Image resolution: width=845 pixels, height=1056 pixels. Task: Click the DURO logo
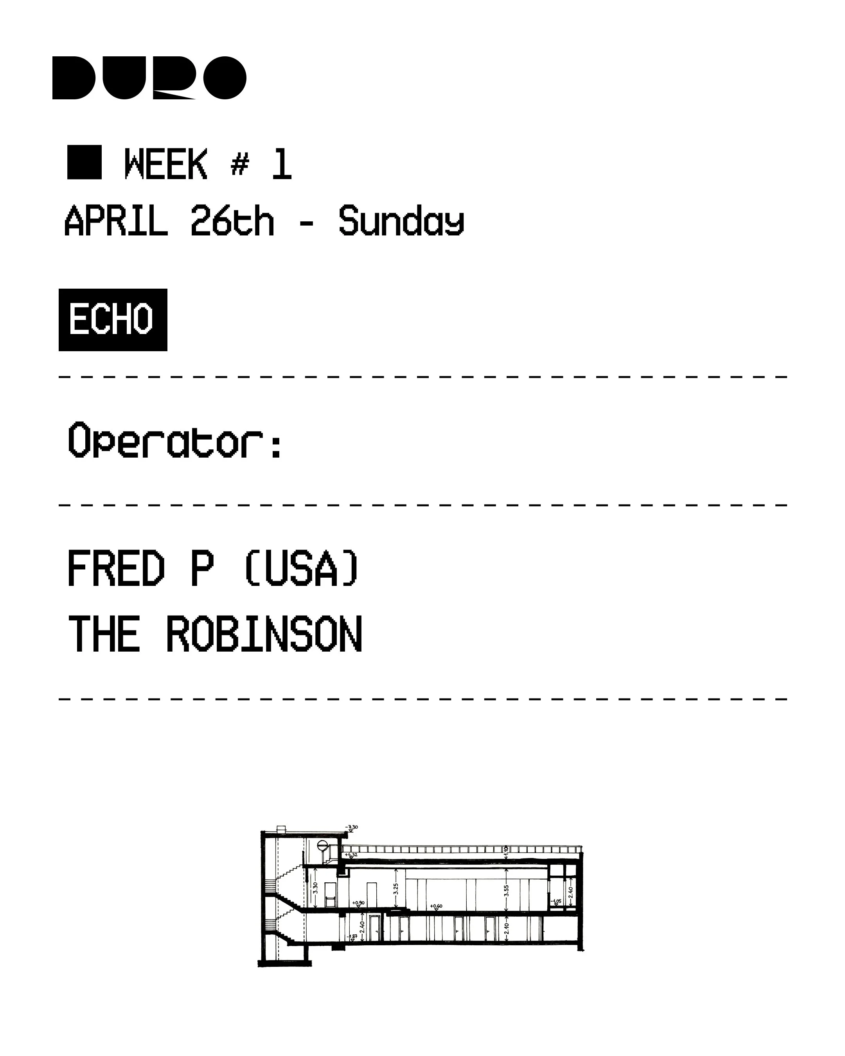tap(149, 78)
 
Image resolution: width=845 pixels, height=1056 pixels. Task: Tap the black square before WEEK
tap(84, 162)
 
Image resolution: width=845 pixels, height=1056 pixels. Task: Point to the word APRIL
tap(116, 221)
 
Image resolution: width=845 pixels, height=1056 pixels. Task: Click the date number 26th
tap(232, 221)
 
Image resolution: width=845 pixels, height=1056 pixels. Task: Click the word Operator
tap(174, 441)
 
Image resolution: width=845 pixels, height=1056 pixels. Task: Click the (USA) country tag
tap(301, 568)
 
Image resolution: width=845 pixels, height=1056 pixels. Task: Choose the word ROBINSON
tap(264, 634)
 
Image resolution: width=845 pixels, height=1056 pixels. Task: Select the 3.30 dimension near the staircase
tap(315, 888)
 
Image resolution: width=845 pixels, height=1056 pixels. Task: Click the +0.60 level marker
tap(436, 906)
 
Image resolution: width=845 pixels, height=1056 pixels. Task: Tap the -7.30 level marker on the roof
tap(352, 827)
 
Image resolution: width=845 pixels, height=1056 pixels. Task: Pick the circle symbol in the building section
tap(322, 844)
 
